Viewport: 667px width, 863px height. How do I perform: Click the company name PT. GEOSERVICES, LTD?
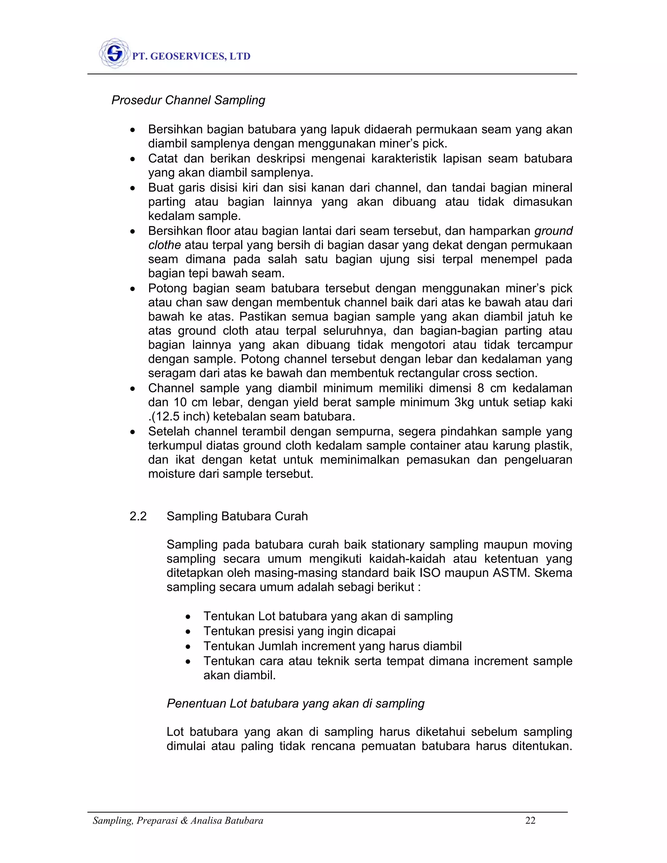coord(191,57)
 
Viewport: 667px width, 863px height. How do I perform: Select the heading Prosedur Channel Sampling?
coord(188,100)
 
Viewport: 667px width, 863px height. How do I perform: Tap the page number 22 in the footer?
coord(530,821)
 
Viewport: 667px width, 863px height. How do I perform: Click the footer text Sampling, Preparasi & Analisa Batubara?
coord(178,821)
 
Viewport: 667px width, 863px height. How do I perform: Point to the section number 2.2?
coord(138,516)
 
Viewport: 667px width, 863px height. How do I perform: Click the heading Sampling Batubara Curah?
coord(237,516)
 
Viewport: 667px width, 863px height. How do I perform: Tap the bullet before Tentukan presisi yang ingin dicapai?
coord(189,632)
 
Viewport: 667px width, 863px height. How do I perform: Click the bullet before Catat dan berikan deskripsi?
coord(133,159)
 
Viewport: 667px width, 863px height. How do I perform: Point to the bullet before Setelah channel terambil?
coord(133,432)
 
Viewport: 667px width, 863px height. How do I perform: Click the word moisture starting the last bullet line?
coord(172,474)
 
